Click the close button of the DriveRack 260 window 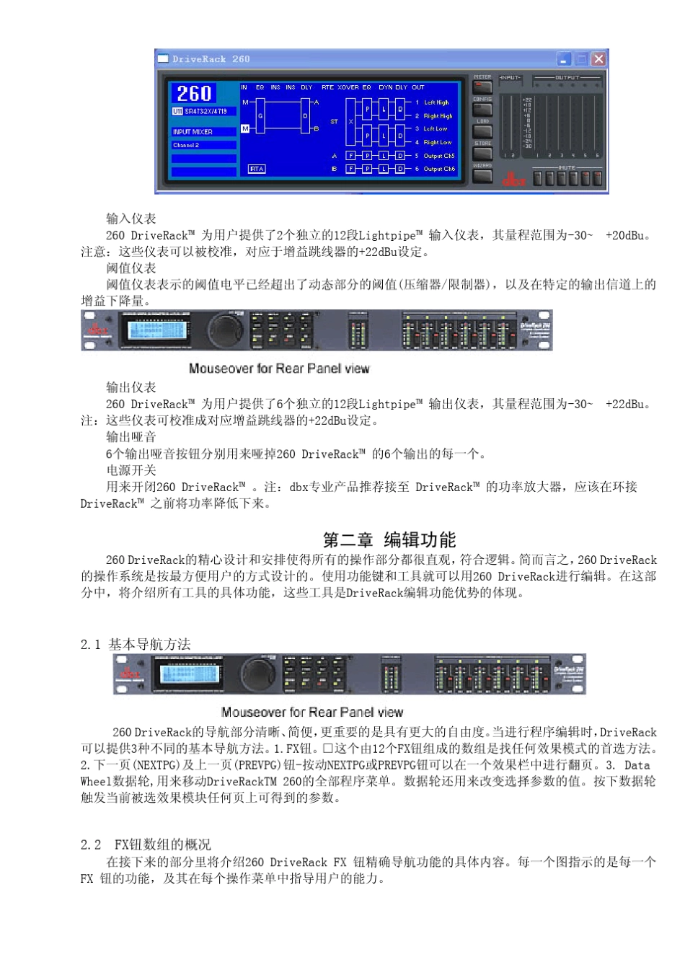(x=598, y=58)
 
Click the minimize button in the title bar (x=565, y=58)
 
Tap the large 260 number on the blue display (x=194, y=94)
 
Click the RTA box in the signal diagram (x=257, y=169)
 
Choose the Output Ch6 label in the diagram (x=438, y=169)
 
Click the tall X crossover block (x=351, y=121)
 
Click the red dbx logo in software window (x=513, y=179)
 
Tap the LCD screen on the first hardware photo (x=159, y=330)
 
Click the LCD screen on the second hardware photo (x=191, y=674)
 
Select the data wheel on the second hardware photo (x=257, y=674)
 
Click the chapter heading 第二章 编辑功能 (x=389, y=539)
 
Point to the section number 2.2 (x=91, y=845)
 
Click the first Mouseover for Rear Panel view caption (x=278, y=369)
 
